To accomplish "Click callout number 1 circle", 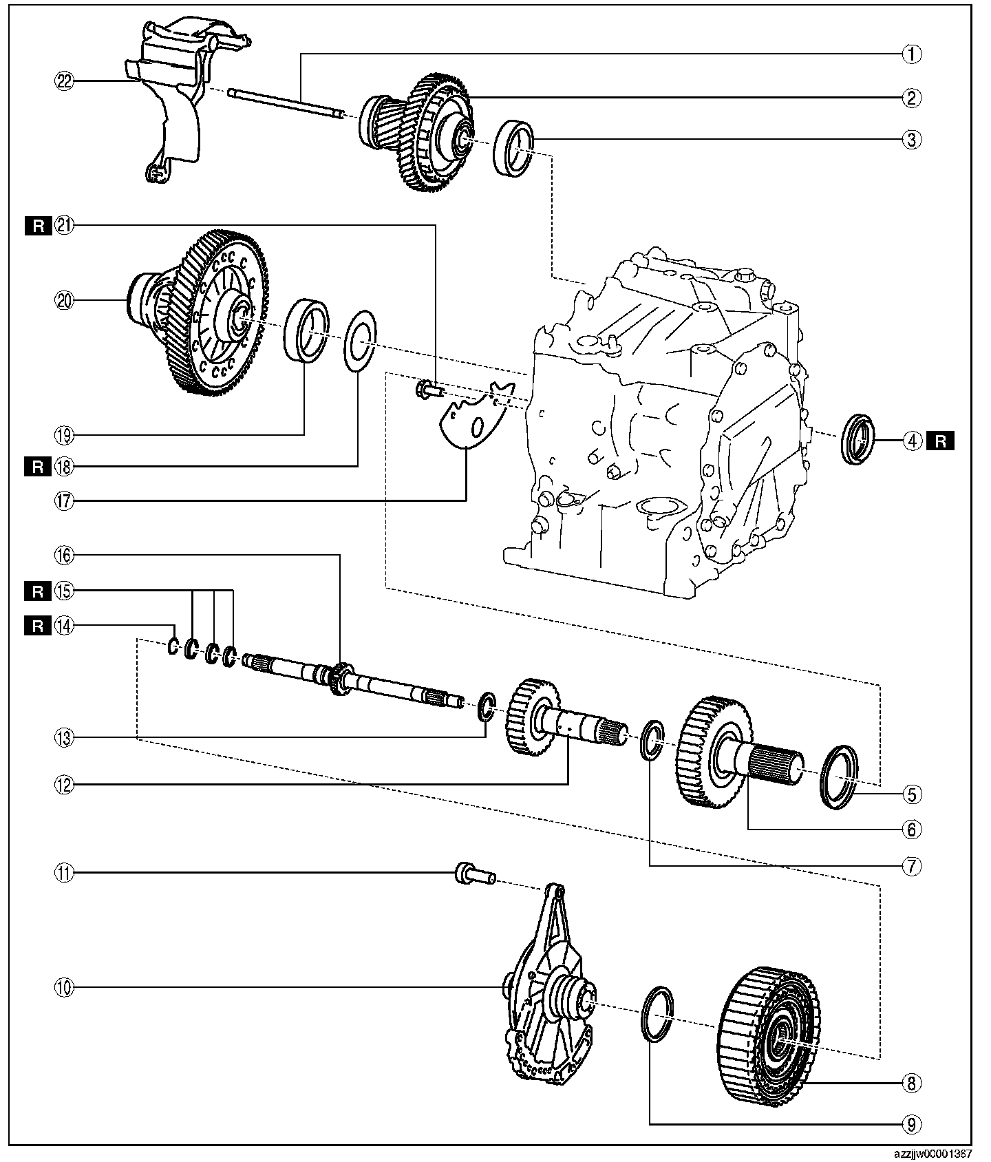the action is (910, 54).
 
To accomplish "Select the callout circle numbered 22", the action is (65, 81).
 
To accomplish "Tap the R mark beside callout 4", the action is (940, 440).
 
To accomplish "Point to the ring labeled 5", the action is (840, 777).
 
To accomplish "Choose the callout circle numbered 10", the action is (65, 988).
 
